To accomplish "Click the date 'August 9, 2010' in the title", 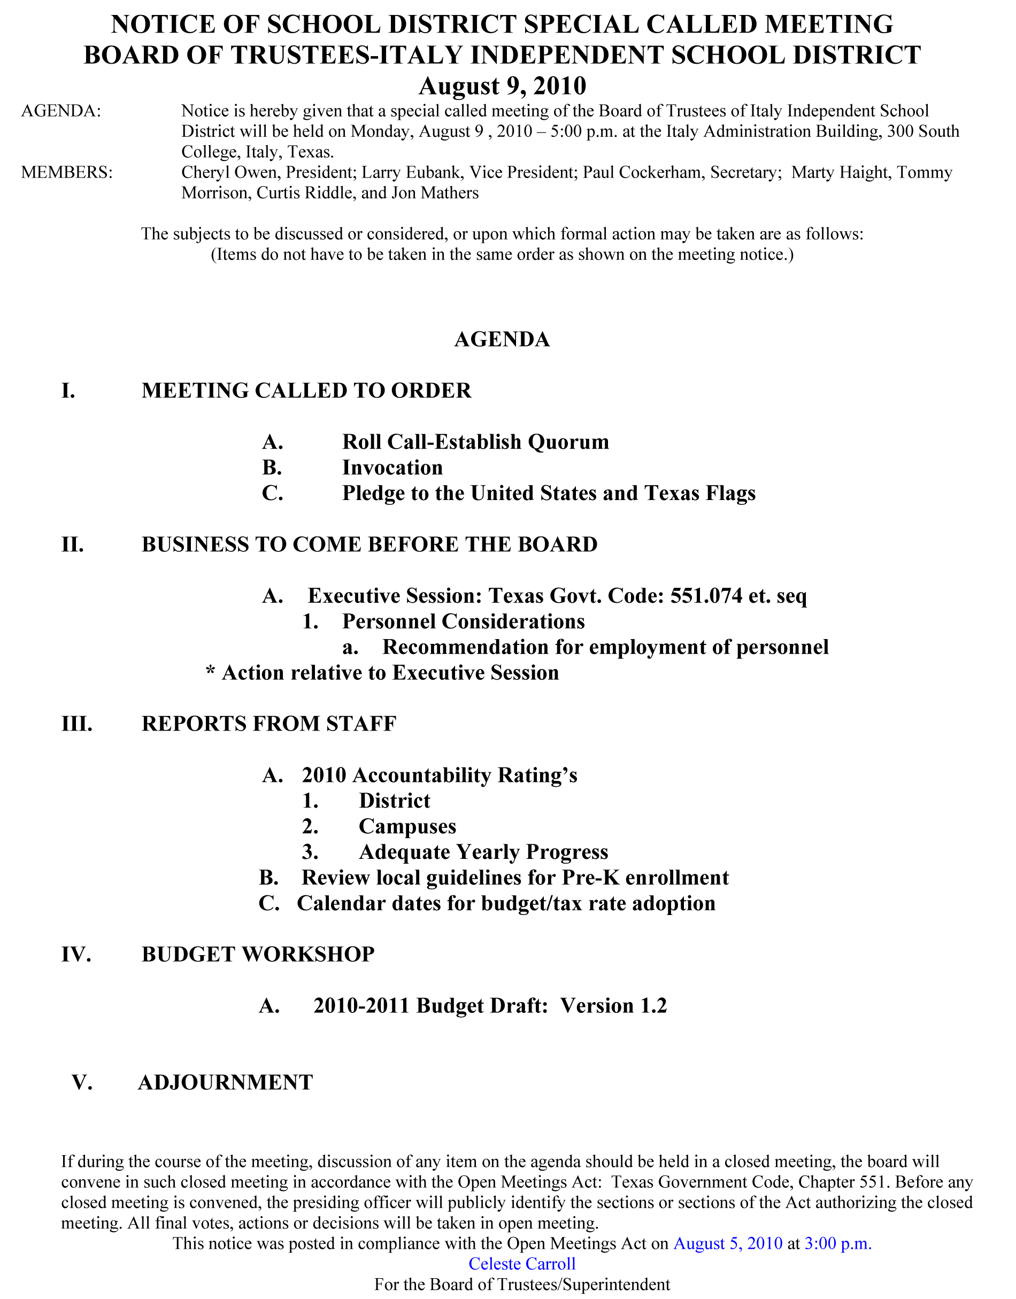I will point(502,86).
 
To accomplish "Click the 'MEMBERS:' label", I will point(67,173).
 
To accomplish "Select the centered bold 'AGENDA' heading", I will point(502,340).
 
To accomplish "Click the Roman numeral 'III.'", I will point(77,724).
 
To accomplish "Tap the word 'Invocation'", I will point(392,468).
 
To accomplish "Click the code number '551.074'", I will point(707,596).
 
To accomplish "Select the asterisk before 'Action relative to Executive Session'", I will point(211,673).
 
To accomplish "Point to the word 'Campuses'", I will point(407,827).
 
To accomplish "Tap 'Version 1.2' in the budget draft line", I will point(613,1006).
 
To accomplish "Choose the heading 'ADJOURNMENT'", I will point(226,1082).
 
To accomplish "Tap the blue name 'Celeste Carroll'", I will point(522,1264).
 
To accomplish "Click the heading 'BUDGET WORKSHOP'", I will point(258,955).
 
